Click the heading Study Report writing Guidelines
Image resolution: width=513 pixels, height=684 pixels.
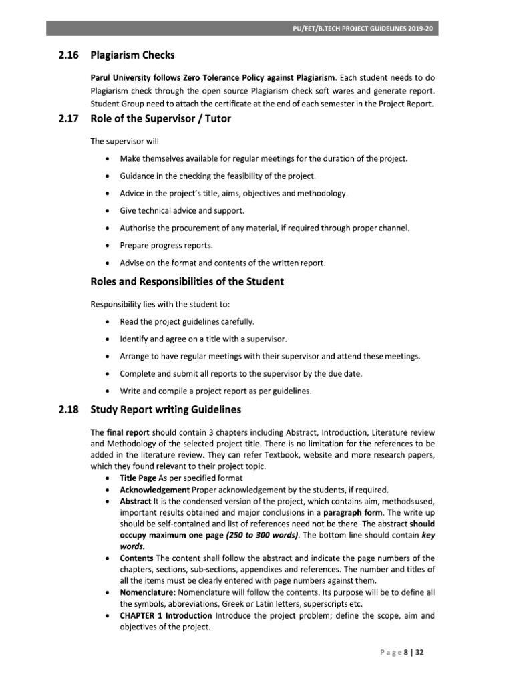tap(166, 409)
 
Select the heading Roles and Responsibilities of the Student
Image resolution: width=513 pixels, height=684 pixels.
tap(187, 282)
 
